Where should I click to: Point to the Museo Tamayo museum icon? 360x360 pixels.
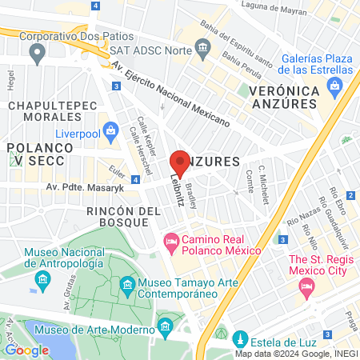(x=127, y=285)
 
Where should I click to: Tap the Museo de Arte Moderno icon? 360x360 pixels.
(x=166, y=326)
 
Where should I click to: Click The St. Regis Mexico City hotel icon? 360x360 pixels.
(x=305, y=291)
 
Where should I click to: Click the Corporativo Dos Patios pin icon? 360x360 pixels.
(x=35, y=54)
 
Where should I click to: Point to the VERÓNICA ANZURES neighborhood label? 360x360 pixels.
(x=284, y=100)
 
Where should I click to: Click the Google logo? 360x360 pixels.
(x=26, y=349)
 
